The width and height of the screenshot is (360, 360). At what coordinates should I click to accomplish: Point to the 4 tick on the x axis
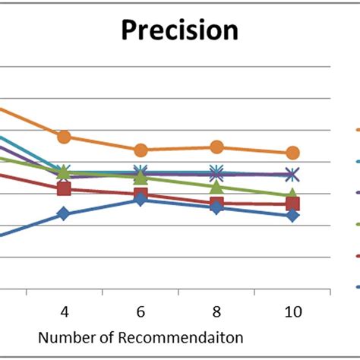(x=65, y=311)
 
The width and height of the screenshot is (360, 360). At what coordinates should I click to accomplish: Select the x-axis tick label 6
(x=141, y=311)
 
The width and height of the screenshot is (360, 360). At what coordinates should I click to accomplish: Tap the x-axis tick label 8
(x=216, y=311)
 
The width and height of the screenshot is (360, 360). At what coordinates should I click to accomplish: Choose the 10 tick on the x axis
(x=292, y=311)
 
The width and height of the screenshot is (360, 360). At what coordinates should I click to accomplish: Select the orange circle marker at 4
(x=65, y=137)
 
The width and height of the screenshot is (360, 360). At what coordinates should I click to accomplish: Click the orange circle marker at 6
(x=141, y=150)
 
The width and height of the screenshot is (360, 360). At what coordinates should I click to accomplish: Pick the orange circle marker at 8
(x=216, y=147)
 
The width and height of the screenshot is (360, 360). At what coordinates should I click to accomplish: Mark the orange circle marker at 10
(x=292, y=153)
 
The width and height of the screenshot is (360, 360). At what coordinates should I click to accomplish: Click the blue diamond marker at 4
(x=65, y=214)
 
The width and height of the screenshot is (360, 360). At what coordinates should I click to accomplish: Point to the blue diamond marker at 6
(x=141, y=199)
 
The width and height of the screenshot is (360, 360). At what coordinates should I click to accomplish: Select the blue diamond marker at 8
(x=216, y=207)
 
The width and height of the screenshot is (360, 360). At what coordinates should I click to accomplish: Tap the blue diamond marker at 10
(x=292, y=216)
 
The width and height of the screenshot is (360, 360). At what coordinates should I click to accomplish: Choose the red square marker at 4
(x=65, y=188)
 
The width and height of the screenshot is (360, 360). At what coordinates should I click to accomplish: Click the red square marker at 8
(x=216, y=204)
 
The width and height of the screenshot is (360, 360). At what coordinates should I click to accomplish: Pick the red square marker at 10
(x=292, y=203)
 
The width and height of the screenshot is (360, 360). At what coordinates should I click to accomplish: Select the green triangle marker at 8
(x=216, y=187)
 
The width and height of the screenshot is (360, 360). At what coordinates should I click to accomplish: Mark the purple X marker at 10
(x=292, y=174)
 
